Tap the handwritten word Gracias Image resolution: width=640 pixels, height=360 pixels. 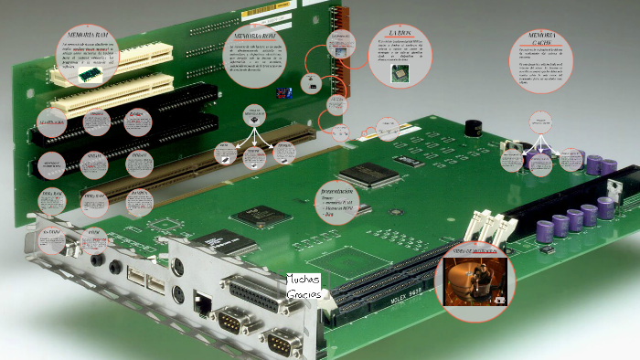[x=302, y=295]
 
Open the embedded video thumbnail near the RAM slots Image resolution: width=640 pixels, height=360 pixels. [x=473, y=281]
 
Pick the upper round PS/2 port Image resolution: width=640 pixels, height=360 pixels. [x=178, y=265]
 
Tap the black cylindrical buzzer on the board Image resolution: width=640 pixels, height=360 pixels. [x=474, y=132]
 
